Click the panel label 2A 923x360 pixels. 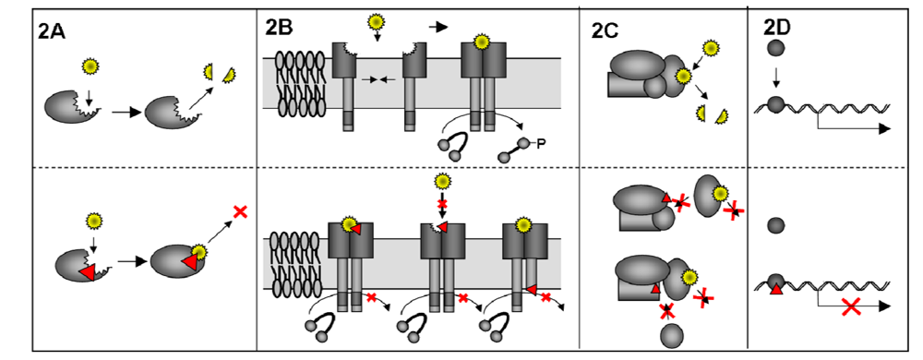[x=53, y=30]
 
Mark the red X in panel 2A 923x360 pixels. [x=241, y=212]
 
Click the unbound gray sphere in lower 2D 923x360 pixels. [x=776, y=223]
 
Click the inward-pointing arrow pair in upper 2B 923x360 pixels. [x=380, y=80]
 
